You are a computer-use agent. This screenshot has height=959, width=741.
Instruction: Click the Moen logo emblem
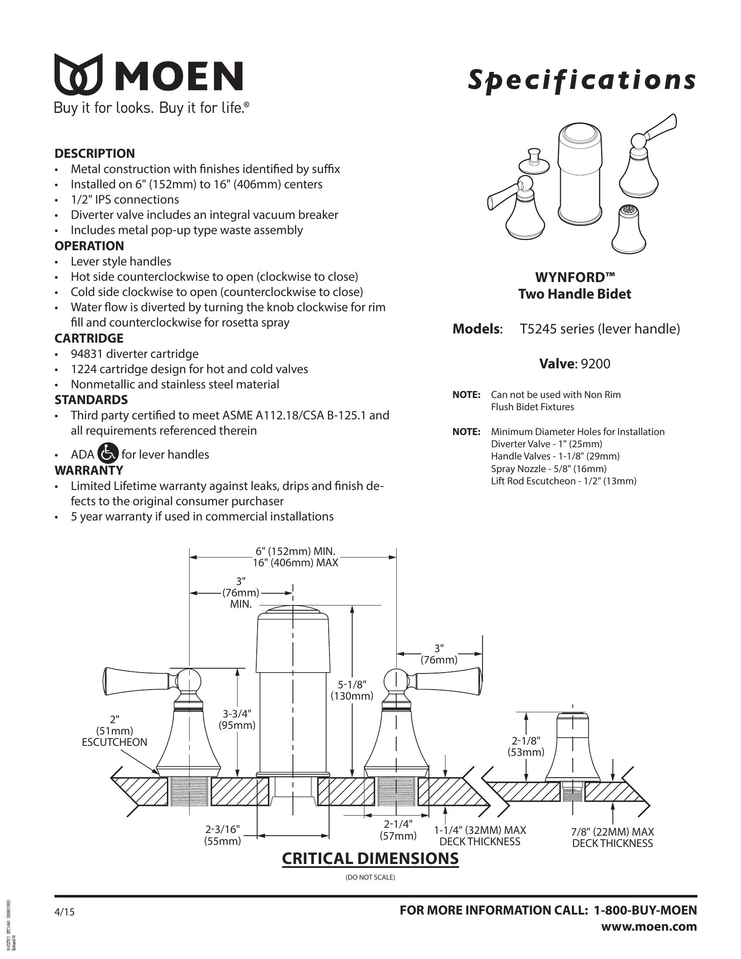coord(78,74)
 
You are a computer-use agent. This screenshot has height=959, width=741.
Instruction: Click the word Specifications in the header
coord(581,80)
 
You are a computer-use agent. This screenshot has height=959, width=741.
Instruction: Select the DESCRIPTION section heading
coord(95,154)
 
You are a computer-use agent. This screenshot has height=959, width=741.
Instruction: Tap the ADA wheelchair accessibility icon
coord(108,453)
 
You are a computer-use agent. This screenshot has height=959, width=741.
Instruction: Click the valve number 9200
coord(595,364)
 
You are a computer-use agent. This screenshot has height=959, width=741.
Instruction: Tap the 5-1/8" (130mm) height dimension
coord(352,690)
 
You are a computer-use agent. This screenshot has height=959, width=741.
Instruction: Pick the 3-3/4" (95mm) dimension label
coord(237,719)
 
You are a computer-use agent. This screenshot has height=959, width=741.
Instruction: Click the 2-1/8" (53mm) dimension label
coord(526,746)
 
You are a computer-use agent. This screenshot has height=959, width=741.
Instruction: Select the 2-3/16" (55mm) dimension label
coord(223,835)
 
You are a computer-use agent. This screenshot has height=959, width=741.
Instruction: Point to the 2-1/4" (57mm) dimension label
coord(398,830)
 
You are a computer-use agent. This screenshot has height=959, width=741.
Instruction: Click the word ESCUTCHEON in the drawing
coord(115,742)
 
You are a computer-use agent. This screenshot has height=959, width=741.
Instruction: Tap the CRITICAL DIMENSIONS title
coord(370,858)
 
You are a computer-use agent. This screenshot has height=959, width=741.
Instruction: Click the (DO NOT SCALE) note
coord(370,877)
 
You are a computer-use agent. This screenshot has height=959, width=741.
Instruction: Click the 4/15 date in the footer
coord(65,912)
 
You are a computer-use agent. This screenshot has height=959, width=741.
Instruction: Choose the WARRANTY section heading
coord(88,470)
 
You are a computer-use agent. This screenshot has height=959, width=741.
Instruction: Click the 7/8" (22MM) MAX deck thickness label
coord(612,837)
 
